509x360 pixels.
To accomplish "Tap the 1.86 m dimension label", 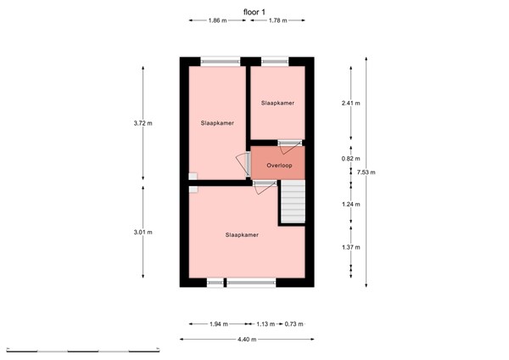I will pyautogui.click(x=217, y=20).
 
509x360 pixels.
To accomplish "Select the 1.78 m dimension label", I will pyautogui.click(x=277, y=20).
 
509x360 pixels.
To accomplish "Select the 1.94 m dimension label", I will pyautogui.click(x=219, y=323).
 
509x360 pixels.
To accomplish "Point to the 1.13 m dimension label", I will pyautogui.click(x=266, y=323).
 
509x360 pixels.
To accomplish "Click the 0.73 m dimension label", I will pyautogui.click(x=294, y=323).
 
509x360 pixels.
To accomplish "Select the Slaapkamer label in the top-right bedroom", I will pyautogui.click(x=277, y=103).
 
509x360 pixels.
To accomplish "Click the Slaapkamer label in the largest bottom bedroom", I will pyautogui.click(x=242, y=234).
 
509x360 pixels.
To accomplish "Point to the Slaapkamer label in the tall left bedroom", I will pyautogui.click(x=217, y=123).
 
